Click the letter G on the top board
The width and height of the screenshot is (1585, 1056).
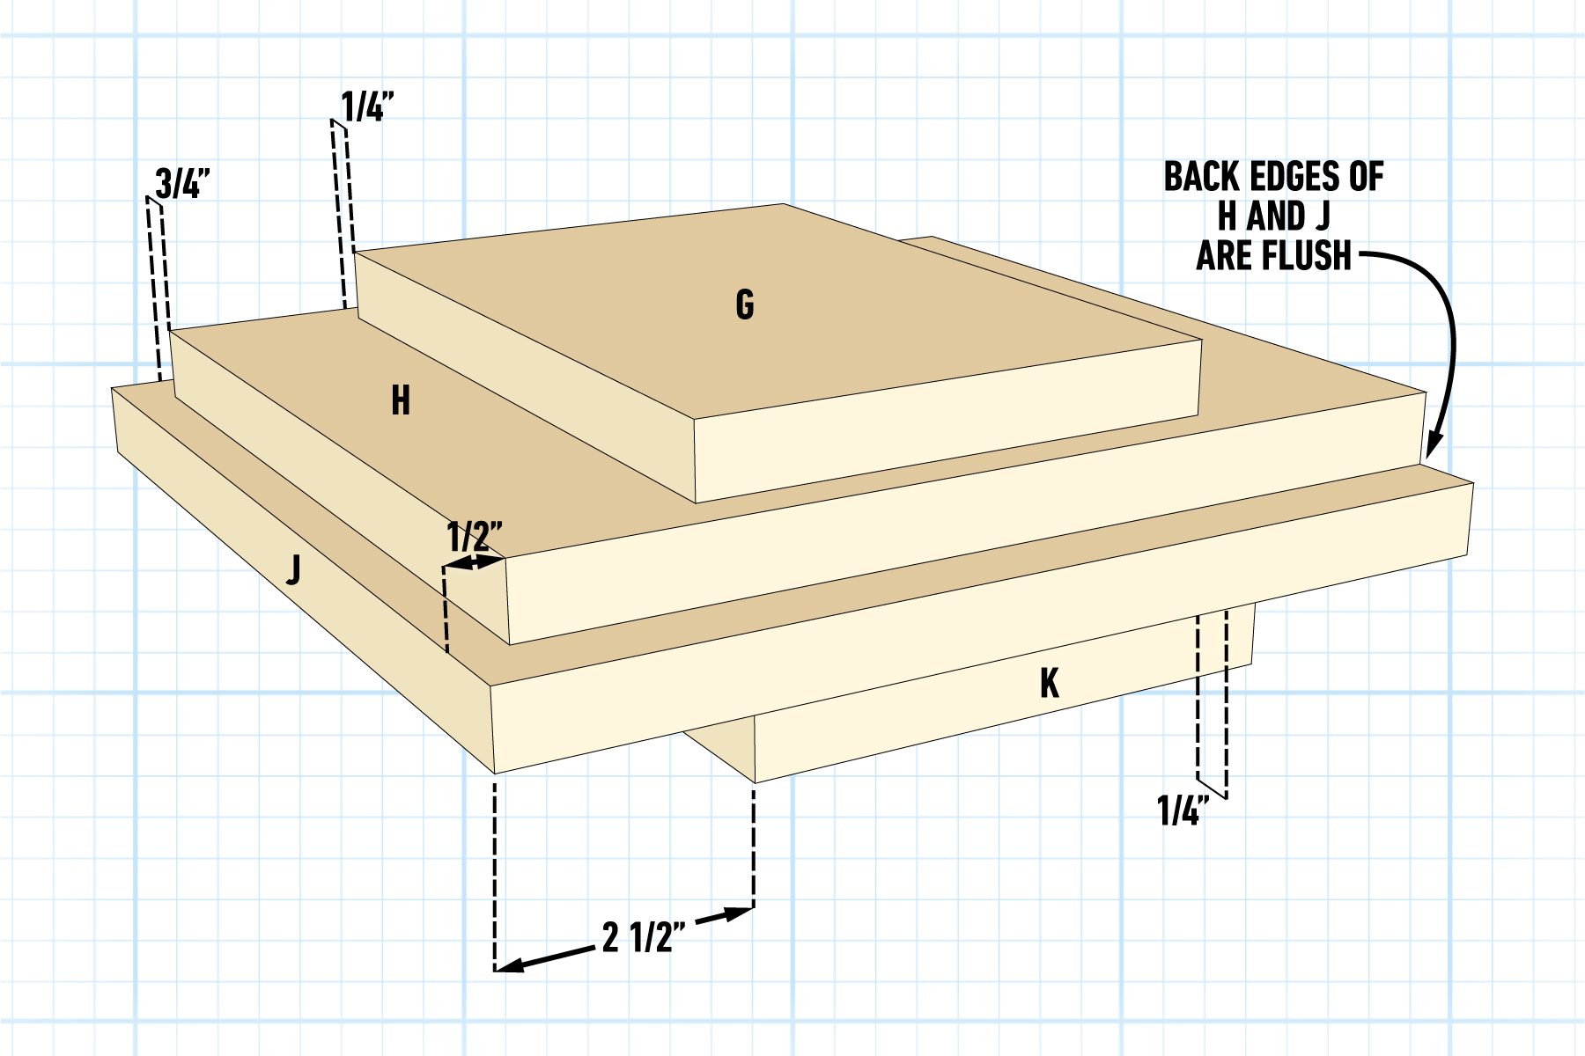pos(745,304)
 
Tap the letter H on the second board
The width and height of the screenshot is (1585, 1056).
pos(401,401)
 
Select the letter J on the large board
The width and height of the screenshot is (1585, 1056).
pos(294,569)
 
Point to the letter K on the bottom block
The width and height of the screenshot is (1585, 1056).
pos(1049,684)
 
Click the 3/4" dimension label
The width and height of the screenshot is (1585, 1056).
pos(182,184)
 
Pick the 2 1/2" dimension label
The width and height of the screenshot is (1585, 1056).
pos(644,938)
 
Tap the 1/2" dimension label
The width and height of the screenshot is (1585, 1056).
pos(475,536)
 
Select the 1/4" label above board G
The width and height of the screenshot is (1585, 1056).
pos(367,107)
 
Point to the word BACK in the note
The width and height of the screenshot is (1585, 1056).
pos(1202,177)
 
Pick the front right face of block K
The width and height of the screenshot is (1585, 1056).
pos(1004,695)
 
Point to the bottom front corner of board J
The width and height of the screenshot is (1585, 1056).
pos(495,774)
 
